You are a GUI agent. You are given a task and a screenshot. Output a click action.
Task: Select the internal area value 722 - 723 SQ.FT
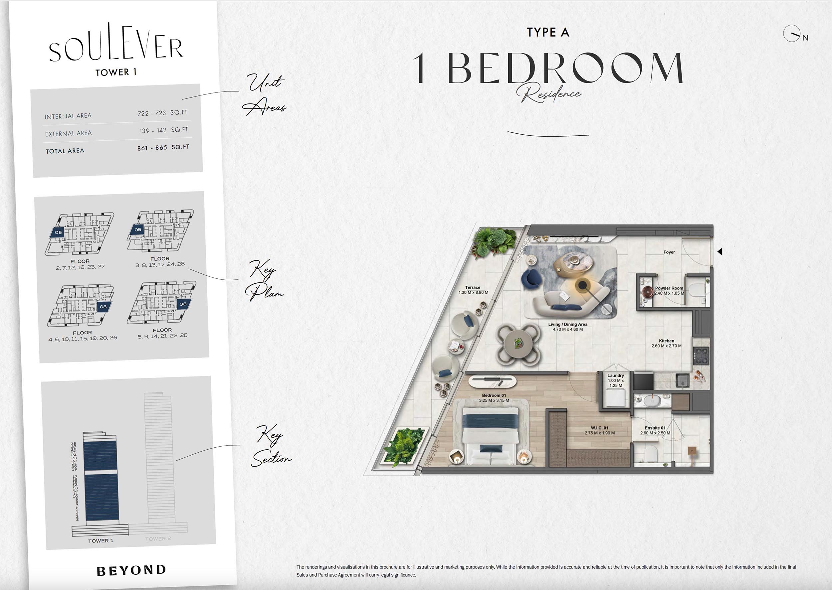(x=162, y=113)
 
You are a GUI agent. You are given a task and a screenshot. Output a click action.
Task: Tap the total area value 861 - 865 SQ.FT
(x=163, y=148)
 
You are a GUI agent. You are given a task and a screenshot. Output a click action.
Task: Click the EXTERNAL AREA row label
(x=68, y=133)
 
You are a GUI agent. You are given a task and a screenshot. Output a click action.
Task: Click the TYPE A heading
(x=548, y=32)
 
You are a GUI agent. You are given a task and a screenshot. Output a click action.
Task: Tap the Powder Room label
(x=669, y=288)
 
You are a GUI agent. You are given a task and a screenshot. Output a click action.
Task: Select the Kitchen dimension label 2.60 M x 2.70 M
(x=666, y=346)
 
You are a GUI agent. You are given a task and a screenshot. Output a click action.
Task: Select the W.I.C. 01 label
(x=599, y=428)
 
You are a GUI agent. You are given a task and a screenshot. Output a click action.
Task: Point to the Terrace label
(x=473, y=287)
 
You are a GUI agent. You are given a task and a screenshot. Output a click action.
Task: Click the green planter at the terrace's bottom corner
(x=404, y=446)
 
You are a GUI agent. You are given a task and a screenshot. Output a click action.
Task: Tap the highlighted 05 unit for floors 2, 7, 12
(x=58, y=232)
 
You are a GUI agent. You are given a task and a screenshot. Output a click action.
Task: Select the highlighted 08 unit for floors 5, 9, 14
(x=183, y=304)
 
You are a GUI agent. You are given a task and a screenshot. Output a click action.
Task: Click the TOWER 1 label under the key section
(x=101, y=540)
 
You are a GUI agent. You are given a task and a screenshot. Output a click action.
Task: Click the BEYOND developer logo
(x=131, y=570)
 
